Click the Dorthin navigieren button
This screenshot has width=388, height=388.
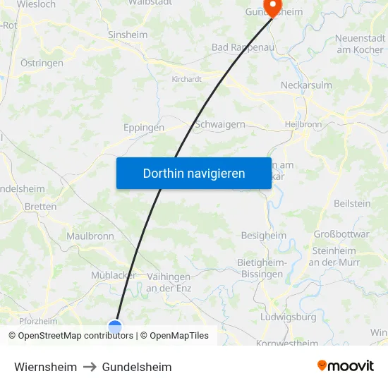194,173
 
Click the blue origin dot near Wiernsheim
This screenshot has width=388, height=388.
115,327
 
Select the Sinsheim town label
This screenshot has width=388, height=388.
128,34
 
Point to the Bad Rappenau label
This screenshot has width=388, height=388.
241,48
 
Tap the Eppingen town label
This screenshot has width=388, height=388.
144,128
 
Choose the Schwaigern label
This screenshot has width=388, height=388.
219,123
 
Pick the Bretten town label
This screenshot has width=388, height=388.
40,207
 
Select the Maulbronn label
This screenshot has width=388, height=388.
90,236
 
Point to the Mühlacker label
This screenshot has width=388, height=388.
114,275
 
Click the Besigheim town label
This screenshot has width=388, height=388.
264,236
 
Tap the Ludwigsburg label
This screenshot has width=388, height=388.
288,317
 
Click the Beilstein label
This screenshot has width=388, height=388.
352,203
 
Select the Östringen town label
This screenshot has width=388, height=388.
42,63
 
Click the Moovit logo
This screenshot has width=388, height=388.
345,365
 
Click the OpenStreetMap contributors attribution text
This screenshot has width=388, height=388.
71,336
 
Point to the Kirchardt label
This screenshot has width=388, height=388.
187,79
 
